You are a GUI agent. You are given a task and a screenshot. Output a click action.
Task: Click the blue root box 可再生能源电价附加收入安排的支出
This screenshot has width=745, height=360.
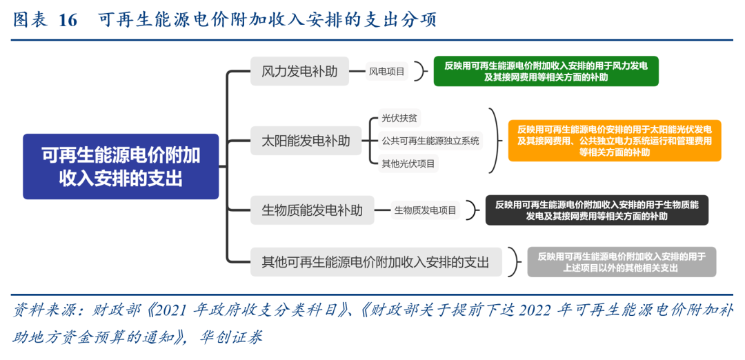point(121,166)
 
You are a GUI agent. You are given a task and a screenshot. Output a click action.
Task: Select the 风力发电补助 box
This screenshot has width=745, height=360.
point(299,71)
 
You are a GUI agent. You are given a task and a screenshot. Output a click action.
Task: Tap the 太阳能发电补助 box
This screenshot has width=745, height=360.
point(306,141)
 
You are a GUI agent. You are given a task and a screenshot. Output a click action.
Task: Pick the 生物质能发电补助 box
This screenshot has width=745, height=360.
point(312,210)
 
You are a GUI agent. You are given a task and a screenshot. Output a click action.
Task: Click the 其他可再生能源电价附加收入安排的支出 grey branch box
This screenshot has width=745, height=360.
point(375,262)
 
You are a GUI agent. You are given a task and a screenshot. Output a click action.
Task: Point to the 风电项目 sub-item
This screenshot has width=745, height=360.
point(387,71)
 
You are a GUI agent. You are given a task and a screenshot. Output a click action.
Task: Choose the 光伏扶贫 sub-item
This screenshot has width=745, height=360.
point(399,118)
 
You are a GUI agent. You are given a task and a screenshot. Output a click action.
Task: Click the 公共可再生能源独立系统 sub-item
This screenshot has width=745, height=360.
point(430,141)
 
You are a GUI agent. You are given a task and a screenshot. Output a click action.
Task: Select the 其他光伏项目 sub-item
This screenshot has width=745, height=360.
point(409,163)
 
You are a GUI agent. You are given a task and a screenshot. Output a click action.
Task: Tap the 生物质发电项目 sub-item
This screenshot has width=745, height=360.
point(426,210)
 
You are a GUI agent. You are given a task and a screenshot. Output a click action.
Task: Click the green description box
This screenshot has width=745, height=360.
point(546,71)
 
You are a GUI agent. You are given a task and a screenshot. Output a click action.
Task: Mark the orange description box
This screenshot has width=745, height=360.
point(614,141)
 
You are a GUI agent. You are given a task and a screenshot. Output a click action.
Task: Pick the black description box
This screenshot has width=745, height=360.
point(597,210)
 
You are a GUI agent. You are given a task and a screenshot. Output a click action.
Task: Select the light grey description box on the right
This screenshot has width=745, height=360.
point(622,262)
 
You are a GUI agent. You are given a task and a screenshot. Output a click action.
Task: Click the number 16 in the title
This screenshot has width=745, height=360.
point(68,20)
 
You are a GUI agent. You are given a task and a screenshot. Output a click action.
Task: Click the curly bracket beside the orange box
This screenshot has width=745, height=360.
point(493,141)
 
